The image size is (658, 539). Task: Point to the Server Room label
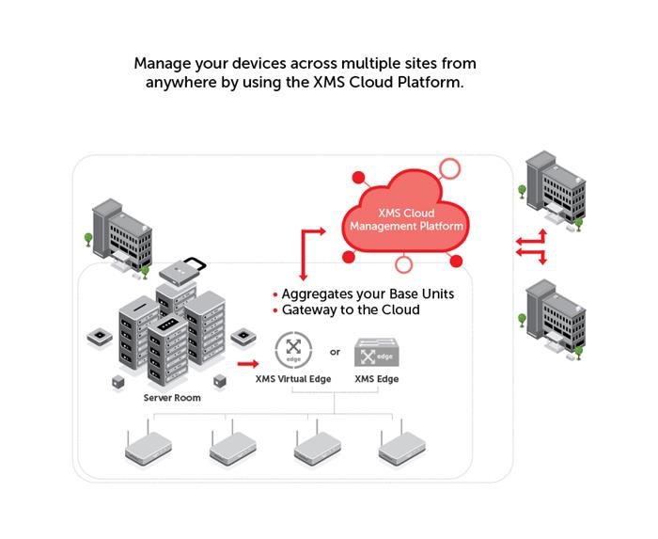click(x=171, y=398)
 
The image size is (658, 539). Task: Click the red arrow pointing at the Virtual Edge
click(x=247, y=361)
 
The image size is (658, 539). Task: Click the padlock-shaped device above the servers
click(x=182, y=272)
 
